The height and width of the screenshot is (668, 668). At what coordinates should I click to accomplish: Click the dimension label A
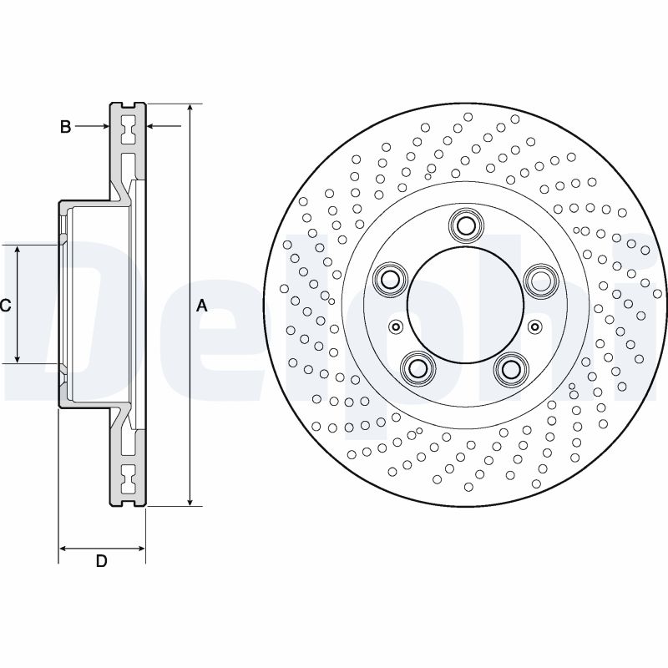(x=201, y=306)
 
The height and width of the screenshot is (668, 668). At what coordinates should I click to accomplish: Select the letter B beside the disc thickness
(x=64, y=127)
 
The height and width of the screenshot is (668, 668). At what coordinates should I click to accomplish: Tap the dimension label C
(x=5, y=306)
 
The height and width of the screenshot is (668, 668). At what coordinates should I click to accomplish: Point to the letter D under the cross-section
(x=101, y=562)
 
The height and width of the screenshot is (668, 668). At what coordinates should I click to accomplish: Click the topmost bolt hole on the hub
(x=465, y=225)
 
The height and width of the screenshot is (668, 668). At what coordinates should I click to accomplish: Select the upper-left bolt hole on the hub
(x=388, y=279)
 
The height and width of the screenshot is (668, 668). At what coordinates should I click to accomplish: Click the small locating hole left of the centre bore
(x=395, y=326)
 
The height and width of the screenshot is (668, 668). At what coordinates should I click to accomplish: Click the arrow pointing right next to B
(x=104, y=127)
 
